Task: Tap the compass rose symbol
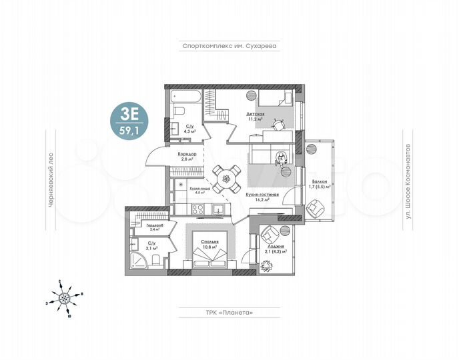(x=65, y=297)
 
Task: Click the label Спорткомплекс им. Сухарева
(x=229, y=47)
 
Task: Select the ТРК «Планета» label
(x=228, y=312)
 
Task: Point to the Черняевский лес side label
(x=50, y=180)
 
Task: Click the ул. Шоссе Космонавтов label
(x=408, y=180)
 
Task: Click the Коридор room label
(x=187, y=157)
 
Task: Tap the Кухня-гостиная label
(x=261, y=195)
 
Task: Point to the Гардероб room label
(x=155, y=225)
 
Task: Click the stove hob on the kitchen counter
(x=199, y=209)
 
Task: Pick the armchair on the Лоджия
(x=270, y=235)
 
